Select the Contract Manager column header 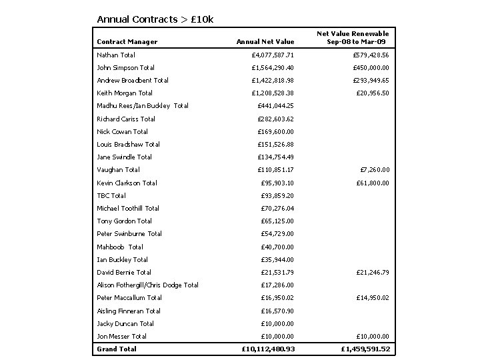127,41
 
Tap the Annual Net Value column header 265,41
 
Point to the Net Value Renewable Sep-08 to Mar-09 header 353,37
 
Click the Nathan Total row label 116,55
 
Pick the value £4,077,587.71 273,55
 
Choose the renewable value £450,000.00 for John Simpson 367,67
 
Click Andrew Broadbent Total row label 133,80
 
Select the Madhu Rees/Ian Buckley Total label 143,105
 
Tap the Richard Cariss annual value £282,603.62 276,119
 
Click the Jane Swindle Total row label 125,157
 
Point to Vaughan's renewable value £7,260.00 374,169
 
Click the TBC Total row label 111,195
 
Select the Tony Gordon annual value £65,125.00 277,221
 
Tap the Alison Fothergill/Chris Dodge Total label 148,285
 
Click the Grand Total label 117,349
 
